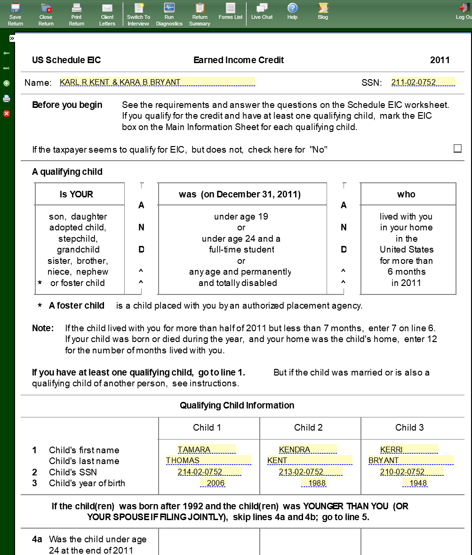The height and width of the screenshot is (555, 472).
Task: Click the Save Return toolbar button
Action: (x=15, y=13)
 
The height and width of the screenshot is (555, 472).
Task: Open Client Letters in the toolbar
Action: (x=107, y=13)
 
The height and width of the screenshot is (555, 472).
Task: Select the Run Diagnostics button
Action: (x=169, y=13)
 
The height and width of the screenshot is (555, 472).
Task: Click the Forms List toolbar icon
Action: (x=230, y=11)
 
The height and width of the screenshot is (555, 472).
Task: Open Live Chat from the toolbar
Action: (x=262, y=11)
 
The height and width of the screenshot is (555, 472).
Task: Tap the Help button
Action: (x=292, y=11)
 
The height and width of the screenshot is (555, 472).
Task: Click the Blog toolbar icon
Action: (x=323, y=11)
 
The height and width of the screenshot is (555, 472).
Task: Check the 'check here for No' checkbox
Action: (x=457, y=149)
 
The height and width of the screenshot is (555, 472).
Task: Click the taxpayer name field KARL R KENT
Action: (x=157, y=82)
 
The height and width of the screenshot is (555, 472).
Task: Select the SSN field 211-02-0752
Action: (x=423, y=82)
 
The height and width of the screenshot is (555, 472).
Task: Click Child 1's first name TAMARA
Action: (x=206, y=449)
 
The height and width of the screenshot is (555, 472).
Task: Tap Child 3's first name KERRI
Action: (x=408, y=449)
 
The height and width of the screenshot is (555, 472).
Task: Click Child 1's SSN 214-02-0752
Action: (x=209, y=472)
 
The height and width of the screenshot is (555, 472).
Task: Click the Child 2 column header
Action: (x=308, y=428)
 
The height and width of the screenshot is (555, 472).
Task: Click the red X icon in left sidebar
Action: (x=7, y=114)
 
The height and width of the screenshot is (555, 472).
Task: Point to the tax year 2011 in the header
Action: (x=440, y=60)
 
